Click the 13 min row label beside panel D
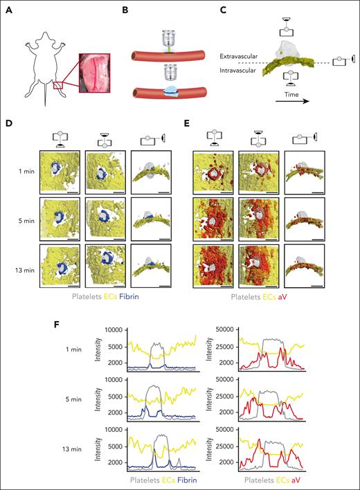pos(24,264)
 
